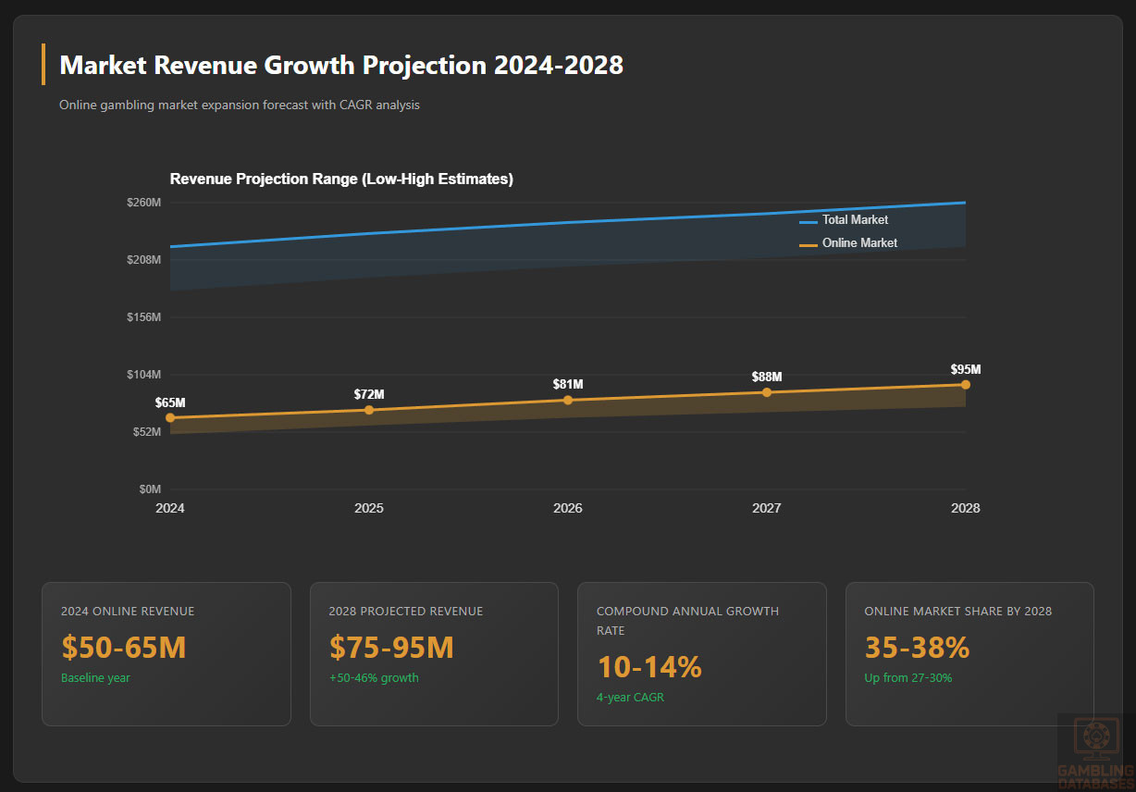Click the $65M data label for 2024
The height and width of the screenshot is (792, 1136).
[170, 402]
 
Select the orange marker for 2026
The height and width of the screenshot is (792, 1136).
[568, 400]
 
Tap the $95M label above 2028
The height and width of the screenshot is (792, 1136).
[966, 369]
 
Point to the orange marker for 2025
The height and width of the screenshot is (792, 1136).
[369, 410]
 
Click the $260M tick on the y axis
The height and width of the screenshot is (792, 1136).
[144, 203]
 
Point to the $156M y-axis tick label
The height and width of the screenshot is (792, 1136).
[144, 317]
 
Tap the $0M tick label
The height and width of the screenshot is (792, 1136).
[149, 489]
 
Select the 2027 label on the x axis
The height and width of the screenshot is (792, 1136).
[767, 508]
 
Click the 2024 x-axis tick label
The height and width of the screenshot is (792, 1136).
[170, 508]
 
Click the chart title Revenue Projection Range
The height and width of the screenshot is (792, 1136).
[341, 179]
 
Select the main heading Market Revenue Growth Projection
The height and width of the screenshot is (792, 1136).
[340, 66]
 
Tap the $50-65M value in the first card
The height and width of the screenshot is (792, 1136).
[124, 648]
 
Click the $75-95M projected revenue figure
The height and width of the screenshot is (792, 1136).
[391, 648]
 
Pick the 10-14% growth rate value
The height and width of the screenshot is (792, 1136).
[649, 667]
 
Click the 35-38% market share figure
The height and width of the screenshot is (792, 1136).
[917, 648]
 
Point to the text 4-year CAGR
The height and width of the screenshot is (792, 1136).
[630, 698]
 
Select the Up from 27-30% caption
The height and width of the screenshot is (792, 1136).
[908, 678]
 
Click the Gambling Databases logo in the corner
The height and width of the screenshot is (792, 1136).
[1096, 749]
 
